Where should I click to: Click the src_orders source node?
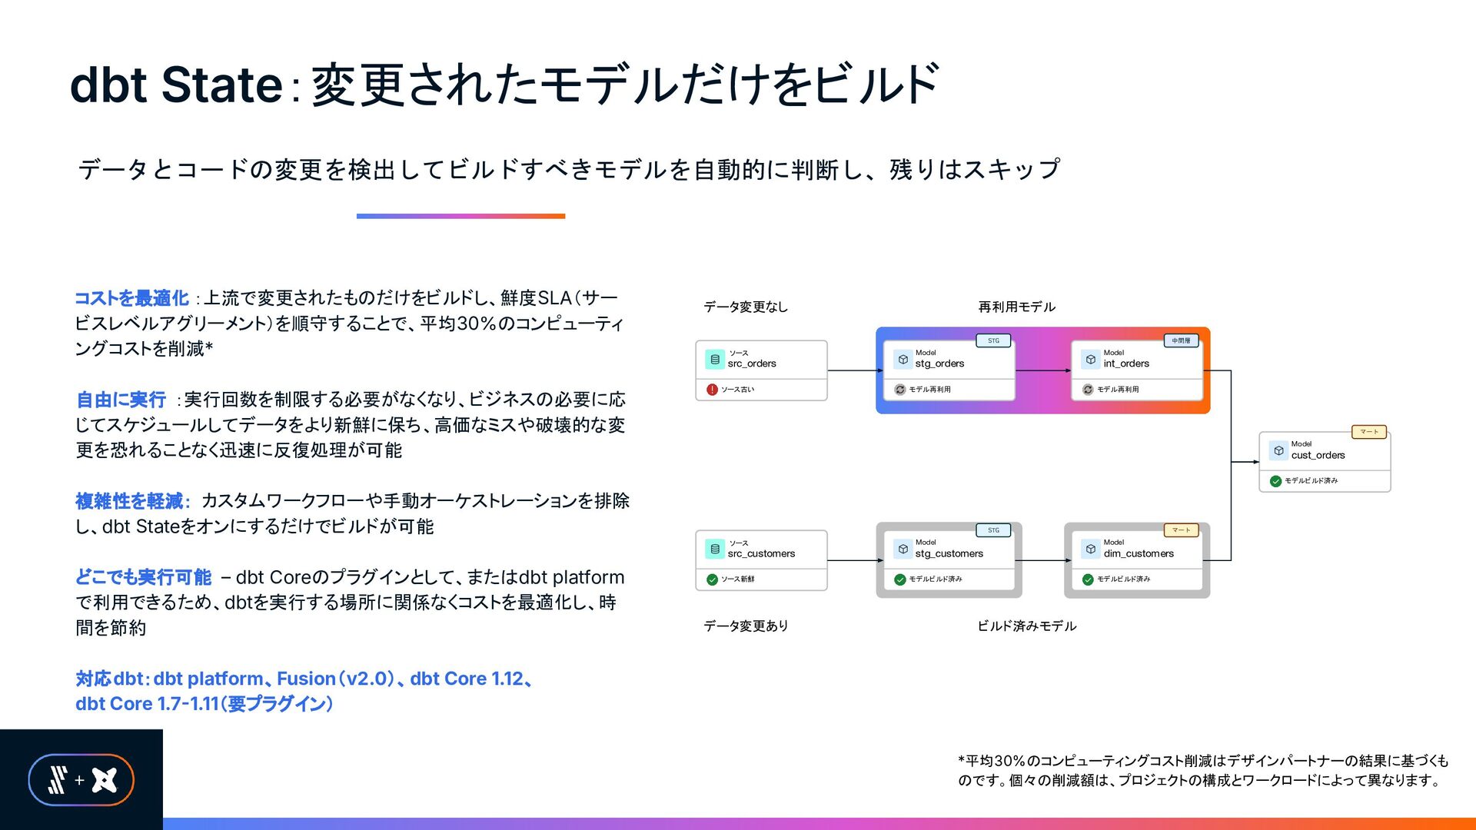[761, 370]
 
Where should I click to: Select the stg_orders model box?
[949, 370]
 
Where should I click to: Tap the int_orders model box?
[1136, 370]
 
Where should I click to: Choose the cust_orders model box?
[1325, 461]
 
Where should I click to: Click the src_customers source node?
[761, 560]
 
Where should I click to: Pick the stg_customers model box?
[949, 560]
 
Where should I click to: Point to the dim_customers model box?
[1136, 560]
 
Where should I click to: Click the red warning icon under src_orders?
[712, 390]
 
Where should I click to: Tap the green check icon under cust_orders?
[1275, 481]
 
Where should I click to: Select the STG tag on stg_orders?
[993, 340]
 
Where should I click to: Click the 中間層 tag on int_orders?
[1181, 340]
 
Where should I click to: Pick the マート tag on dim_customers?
[1181, 530]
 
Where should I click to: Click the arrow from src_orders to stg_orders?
[856, 370]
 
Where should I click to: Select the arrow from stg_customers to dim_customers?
[1043, 560]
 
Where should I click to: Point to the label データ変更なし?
[746, 307]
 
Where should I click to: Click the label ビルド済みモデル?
[1026, 626]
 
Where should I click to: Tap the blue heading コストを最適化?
[131, 298]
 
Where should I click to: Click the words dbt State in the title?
[176, 84]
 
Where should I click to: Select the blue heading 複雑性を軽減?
[129, 501]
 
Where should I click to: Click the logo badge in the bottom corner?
[81, 780]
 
